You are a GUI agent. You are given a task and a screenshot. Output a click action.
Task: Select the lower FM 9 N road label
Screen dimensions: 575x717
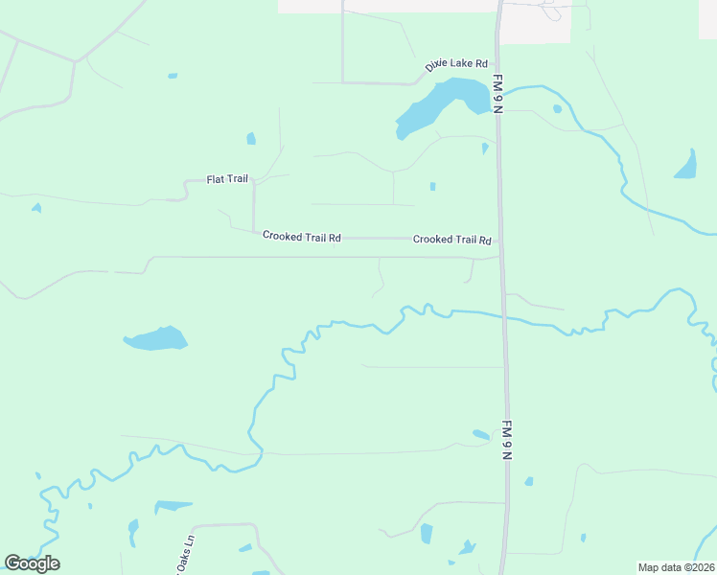click(x=507, y=440)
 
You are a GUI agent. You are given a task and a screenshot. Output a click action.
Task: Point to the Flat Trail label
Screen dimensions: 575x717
click(x=227, y=179)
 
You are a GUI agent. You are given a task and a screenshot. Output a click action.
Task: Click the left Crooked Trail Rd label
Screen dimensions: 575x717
click(x=302, y=237)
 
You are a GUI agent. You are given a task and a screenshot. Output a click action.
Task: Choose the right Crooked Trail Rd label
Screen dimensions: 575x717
click(x=452, y=239)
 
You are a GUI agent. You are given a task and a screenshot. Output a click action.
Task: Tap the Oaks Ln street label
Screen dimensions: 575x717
click(x=188, y=553)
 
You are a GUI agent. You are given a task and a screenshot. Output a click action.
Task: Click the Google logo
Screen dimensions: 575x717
click(x=32, y=563)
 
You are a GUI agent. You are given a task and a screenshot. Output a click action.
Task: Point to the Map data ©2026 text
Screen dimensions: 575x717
click(x=676, y=567)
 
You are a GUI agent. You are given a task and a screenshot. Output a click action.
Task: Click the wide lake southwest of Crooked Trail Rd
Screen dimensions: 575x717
click(x=155, y=338)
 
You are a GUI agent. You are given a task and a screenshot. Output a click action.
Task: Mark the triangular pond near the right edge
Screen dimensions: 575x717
click(x=686, y=167)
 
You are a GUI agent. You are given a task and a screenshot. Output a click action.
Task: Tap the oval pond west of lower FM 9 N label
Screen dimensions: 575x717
click(x=481, y=435)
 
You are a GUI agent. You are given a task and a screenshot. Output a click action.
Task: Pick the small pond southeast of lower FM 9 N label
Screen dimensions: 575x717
click(x=528, y=481)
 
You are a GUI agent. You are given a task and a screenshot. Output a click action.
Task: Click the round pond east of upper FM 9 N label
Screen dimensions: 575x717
click(x=557, y=108)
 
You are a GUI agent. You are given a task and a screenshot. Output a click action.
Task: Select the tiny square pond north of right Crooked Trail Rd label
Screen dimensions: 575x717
click(x=432, y=186)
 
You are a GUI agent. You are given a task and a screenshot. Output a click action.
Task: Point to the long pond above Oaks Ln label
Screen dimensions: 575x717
click(x=173, y=505)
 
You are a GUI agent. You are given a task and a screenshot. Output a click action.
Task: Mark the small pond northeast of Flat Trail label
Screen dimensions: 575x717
click(x=251, y=138)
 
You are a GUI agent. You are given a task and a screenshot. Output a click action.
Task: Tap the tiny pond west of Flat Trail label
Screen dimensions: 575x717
click(x=36, y=207)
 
